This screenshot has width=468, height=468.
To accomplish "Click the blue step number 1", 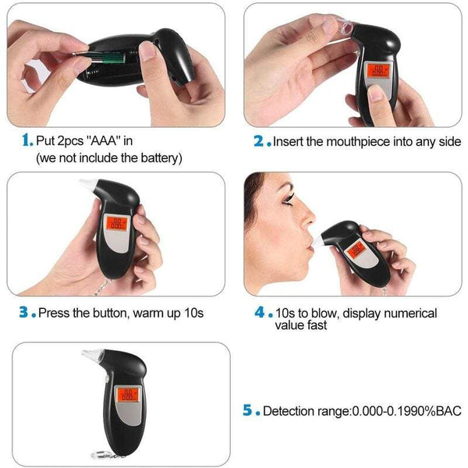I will pyautogui.click(x=27, y=141).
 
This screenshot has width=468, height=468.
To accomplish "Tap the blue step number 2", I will pyautogui.click(x=259, y=142).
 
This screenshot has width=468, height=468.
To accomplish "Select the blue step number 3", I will pyautogui.click(x=26, y=312).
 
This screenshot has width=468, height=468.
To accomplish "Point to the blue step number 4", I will pyautogui.click(x=259, y=312).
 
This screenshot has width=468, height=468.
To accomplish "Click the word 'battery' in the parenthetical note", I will pyautogui.click(x=159, y=158).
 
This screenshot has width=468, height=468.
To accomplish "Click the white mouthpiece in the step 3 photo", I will pyautogui.click(x=87, y=188).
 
